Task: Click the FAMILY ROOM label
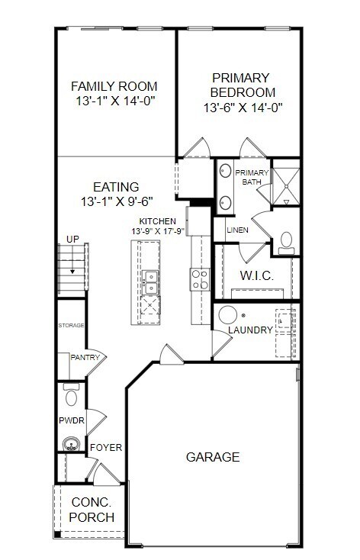[x=115, y=85]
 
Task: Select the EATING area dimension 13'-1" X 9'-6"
[x=115, y=202]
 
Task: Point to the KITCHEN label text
[x=158, y=221]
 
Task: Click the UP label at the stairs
[x=72, y=240]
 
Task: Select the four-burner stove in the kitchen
[x=200, y=280]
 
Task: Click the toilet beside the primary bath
[x=287, y=243]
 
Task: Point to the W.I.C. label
[x=257, y=275]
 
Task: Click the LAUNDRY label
[x=251, y=330]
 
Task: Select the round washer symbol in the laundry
[x=228, y=315]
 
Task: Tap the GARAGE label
[x=213, y=457]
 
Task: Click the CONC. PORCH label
[x=92, y=510]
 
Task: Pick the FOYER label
[x=106, y=447]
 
